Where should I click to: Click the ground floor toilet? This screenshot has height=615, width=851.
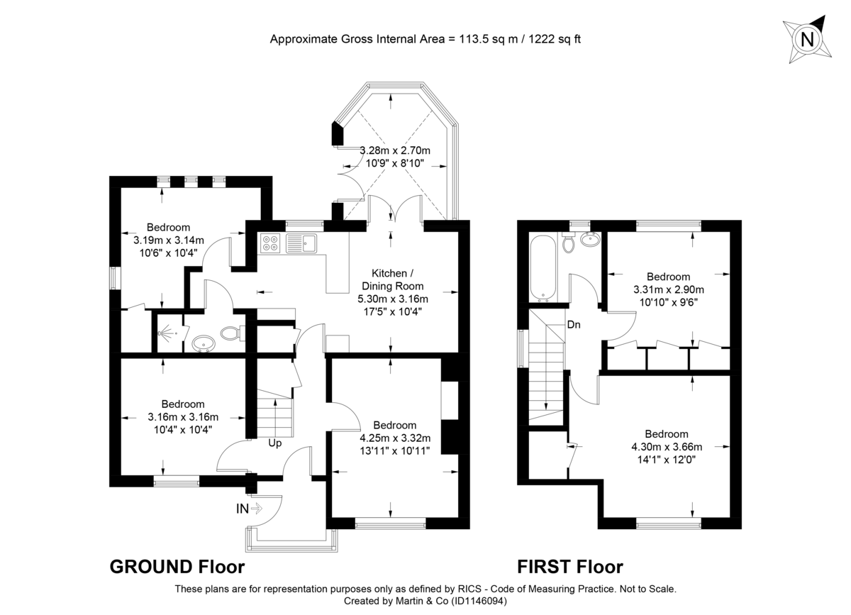point(231,332)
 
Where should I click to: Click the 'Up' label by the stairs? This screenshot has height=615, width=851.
point(275,443)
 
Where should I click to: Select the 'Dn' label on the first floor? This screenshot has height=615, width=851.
point(574,325)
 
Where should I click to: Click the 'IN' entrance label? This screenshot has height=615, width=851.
point(243,508)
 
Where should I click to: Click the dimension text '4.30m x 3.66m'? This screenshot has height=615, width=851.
point(667,447)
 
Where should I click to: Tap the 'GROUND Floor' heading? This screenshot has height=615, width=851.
point(177,567)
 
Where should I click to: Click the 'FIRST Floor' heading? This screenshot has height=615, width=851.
point(569,567)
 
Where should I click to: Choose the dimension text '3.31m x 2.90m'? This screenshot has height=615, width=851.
point(668,289)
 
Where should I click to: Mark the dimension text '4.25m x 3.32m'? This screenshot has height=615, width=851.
point(395,438)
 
